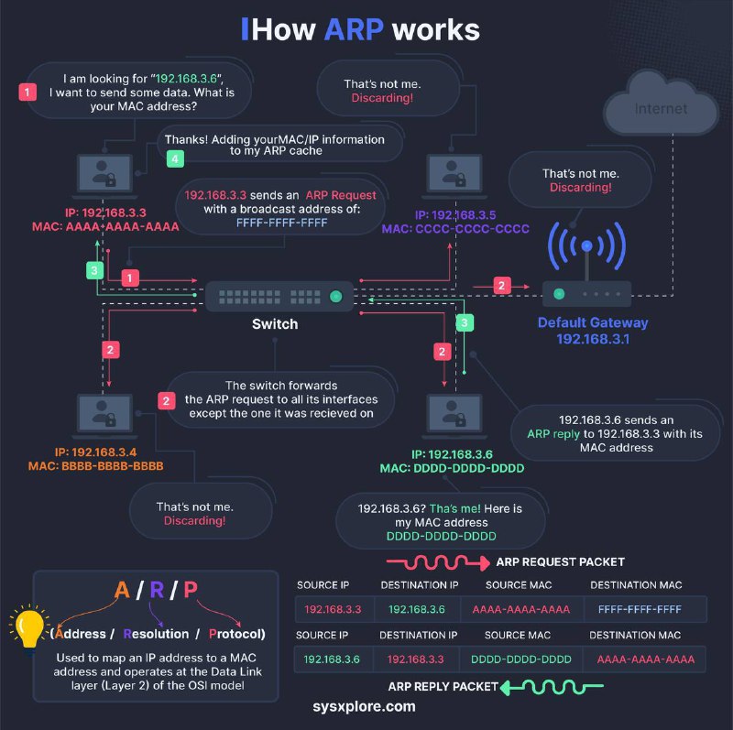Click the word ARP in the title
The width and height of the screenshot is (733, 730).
tap(354, 30)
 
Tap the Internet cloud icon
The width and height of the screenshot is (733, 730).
tap(661, 103)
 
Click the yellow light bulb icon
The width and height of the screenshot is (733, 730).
tap(29, 626)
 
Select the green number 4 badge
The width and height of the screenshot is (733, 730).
tap(175, 158)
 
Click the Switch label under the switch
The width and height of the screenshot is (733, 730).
tap(275, 324)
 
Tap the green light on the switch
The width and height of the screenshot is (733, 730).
tap(335, 296)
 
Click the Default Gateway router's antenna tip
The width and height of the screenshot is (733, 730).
tap(586, 245)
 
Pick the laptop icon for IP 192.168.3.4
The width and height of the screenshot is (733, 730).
tap(104, 415)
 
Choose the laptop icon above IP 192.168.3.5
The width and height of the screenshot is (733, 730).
tap(454, 175)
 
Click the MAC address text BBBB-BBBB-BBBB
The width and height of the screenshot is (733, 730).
tap(112, 466)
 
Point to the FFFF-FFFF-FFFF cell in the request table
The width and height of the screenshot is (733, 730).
tap(640, 609)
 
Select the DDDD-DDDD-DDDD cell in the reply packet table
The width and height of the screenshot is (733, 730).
tap(520, 659)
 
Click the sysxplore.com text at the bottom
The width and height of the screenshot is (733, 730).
tap(364, 706)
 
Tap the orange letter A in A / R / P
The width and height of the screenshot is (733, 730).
tap(122, 590)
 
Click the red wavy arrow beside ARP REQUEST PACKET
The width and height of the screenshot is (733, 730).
tap(438, 562)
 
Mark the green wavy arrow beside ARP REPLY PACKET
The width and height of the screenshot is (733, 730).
tap(552, 687)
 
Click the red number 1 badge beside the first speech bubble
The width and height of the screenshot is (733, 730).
tap(27, 93)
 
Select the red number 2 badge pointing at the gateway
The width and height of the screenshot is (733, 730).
tap(501, 286)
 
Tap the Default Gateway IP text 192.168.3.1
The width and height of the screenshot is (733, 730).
tap(593, 339)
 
